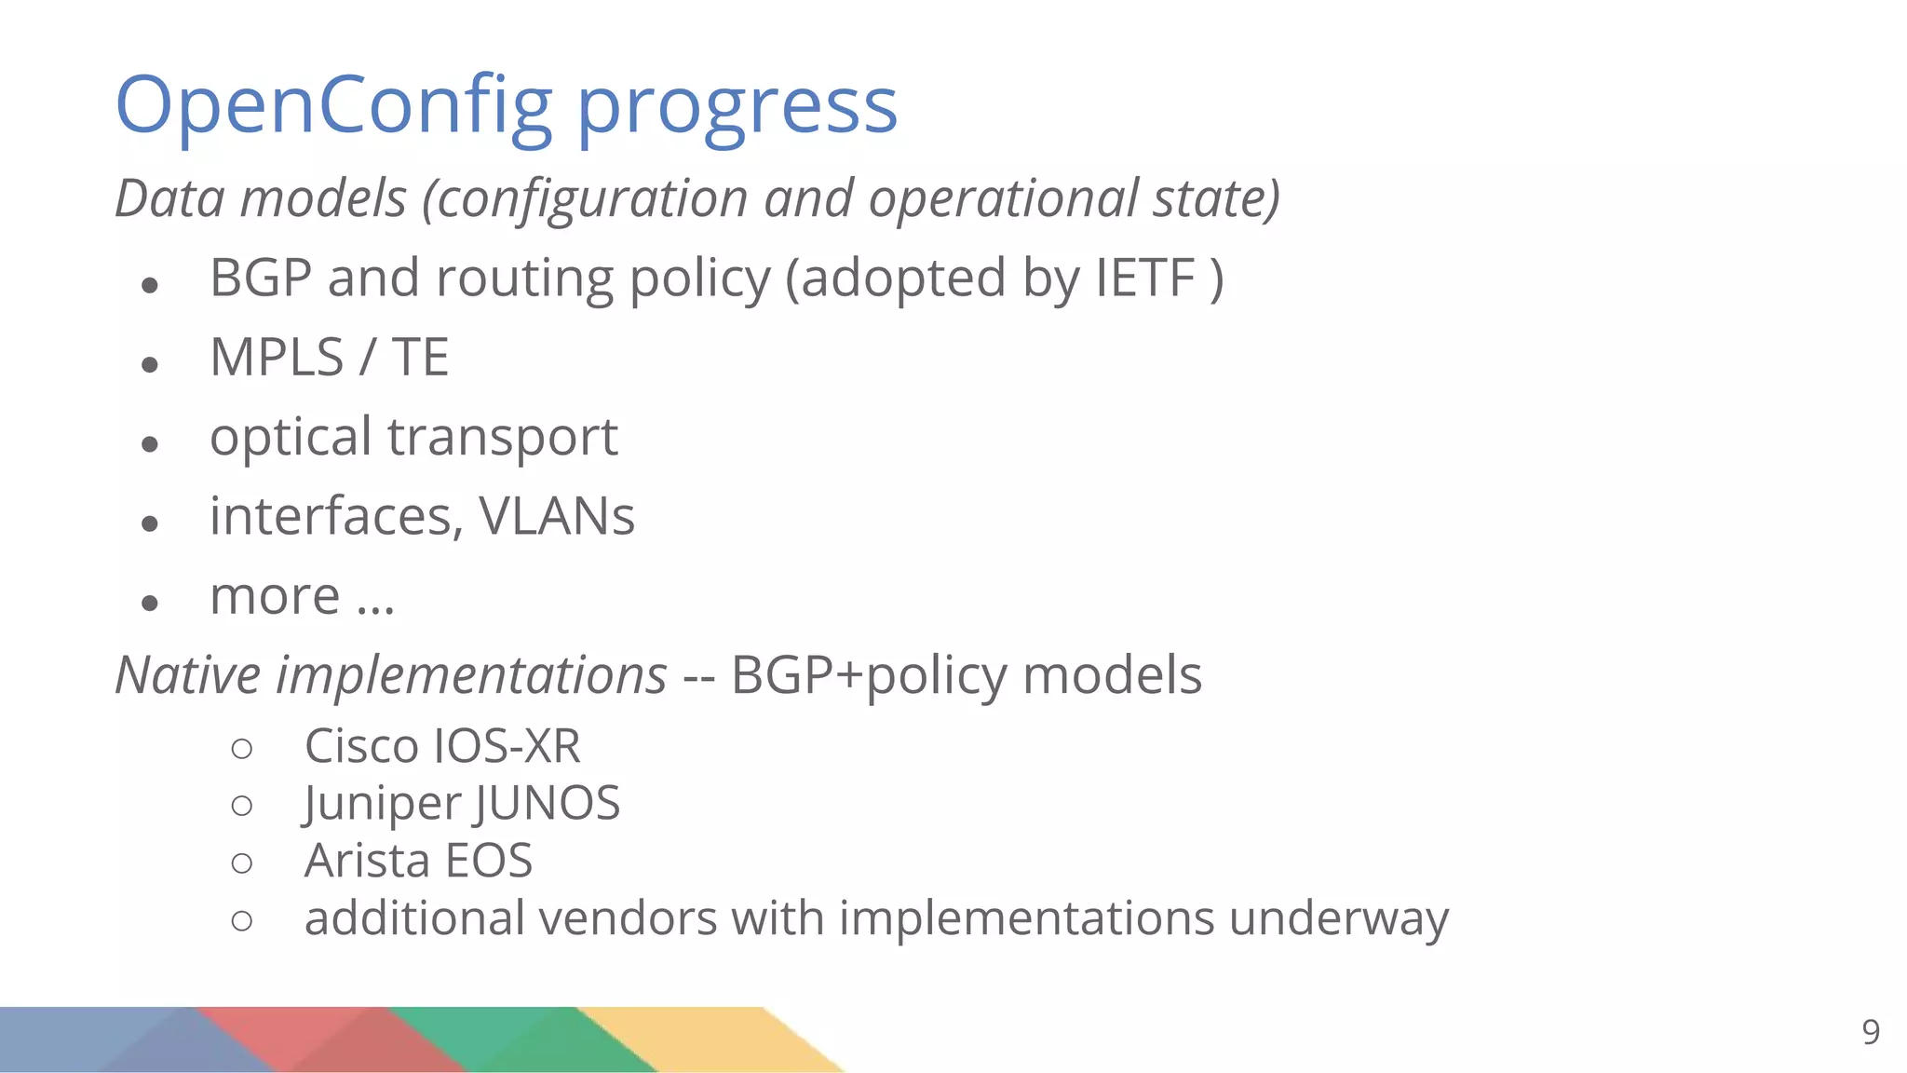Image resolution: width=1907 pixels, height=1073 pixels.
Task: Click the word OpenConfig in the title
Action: tap(333, 106)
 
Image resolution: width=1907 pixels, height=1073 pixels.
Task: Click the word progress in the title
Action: tap(737, 110)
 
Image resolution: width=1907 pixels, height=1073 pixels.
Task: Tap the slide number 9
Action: tap(1870, 1032)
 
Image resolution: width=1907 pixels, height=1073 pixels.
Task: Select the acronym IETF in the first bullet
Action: tap(1144, 278)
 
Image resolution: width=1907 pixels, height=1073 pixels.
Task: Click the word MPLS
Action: tap(277, 358)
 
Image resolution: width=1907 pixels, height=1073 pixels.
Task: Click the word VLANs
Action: tap(556, 517)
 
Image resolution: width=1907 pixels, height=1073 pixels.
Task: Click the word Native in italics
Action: tap(187, 675)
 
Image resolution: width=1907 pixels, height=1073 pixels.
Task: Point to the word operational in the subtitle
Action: tap(1003, 198)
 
